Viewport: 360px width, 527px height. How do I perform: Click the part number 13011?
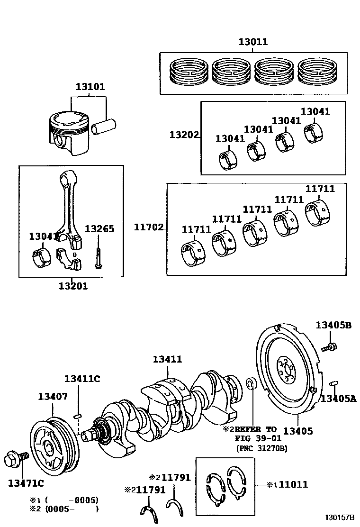pos(253,42)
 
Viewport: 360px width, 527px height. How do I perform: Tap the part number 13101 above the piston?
pos(90,87)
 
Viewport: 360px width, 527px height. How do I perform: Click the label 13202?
pos(184,135)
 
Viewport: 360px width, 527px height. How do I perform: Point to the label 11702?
pos(149,227)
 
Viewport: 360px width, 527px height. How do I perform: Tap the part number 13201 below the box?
pos(73,286)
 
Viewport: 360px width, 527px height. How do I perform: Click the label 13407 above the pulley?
pos(53,397)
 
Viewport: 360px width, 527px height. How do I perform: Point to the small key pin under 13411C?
pos(77,416)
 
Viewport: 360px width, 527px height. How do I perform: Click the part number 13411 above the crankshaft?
pos(168,359)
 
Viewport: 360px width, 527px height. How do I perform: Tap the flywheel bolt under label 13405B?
pos(329,347)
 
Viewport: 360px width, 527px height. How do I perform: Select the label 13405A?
pos(338,399)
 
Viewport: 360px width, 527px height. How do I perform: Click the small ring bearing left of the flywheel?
pos(251,384)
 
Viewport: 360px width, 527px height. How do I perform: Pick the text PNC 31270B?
pos(262,448)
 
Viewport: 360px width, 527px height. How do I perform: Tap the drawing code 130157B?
pos(340,517)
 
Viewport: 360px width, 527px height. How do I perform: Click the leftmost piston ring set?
pos(189,72)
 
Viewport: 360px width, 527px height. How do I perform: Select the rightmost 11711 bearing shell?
pos(318,213)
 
